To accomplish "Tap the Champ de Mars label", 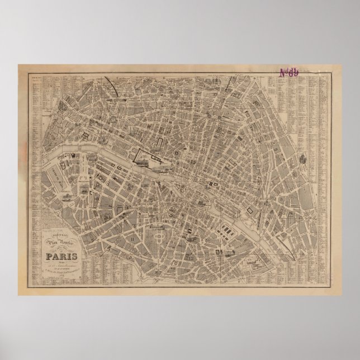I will pos(60,184).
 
